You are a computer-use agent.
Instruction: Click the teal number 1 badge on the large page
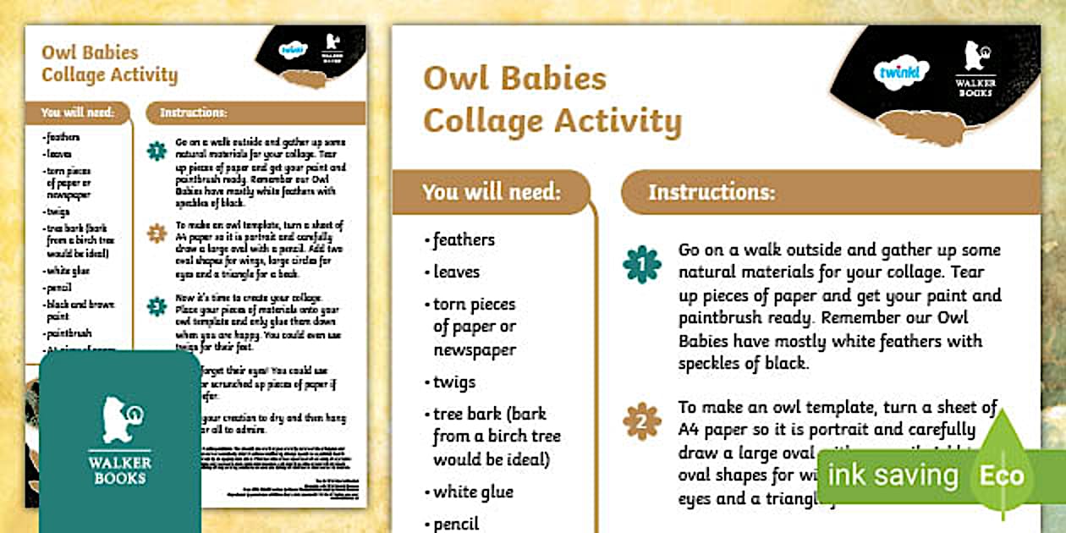(x=641, y=264)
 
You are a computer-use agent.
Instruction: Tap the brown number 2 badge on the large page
(x=641, y=420)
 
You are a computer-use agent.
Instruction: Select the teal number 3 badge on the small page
(x=157, y=306)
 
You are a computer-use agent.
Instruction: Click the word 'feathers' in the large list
(x=464, y=240)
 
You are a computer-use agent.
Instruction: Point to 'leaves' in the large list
(x=456, y=272)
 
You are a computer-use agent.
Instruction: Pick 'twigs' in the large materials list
(x=454, y=382)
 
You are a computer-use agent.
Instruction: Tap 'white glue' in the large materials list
(x=473, y=492)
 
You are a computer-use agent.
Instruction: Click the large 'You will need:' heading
(x=492, y=192)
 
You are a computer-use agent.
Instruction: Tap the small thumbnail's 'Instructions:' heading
(x=194, y=113)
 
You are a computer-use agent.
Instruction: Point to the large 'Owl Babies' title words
(x=514, y=78)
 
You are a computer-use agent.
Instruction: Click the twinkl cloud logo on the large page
(x=900, y=73)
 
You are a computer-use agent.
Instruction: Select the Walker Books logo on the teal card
(x=120, y=441)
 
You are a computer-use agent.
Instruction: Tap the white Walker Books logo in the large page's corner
(x=975, y=69)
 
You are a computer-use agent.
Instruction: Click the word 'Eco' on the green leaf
(x=1002, y=475)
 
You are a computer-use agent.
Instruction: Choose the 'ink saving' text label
(x=892, y=475)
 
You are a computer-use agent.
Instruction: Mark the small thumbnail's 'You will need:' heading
(x=77, y=113)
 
